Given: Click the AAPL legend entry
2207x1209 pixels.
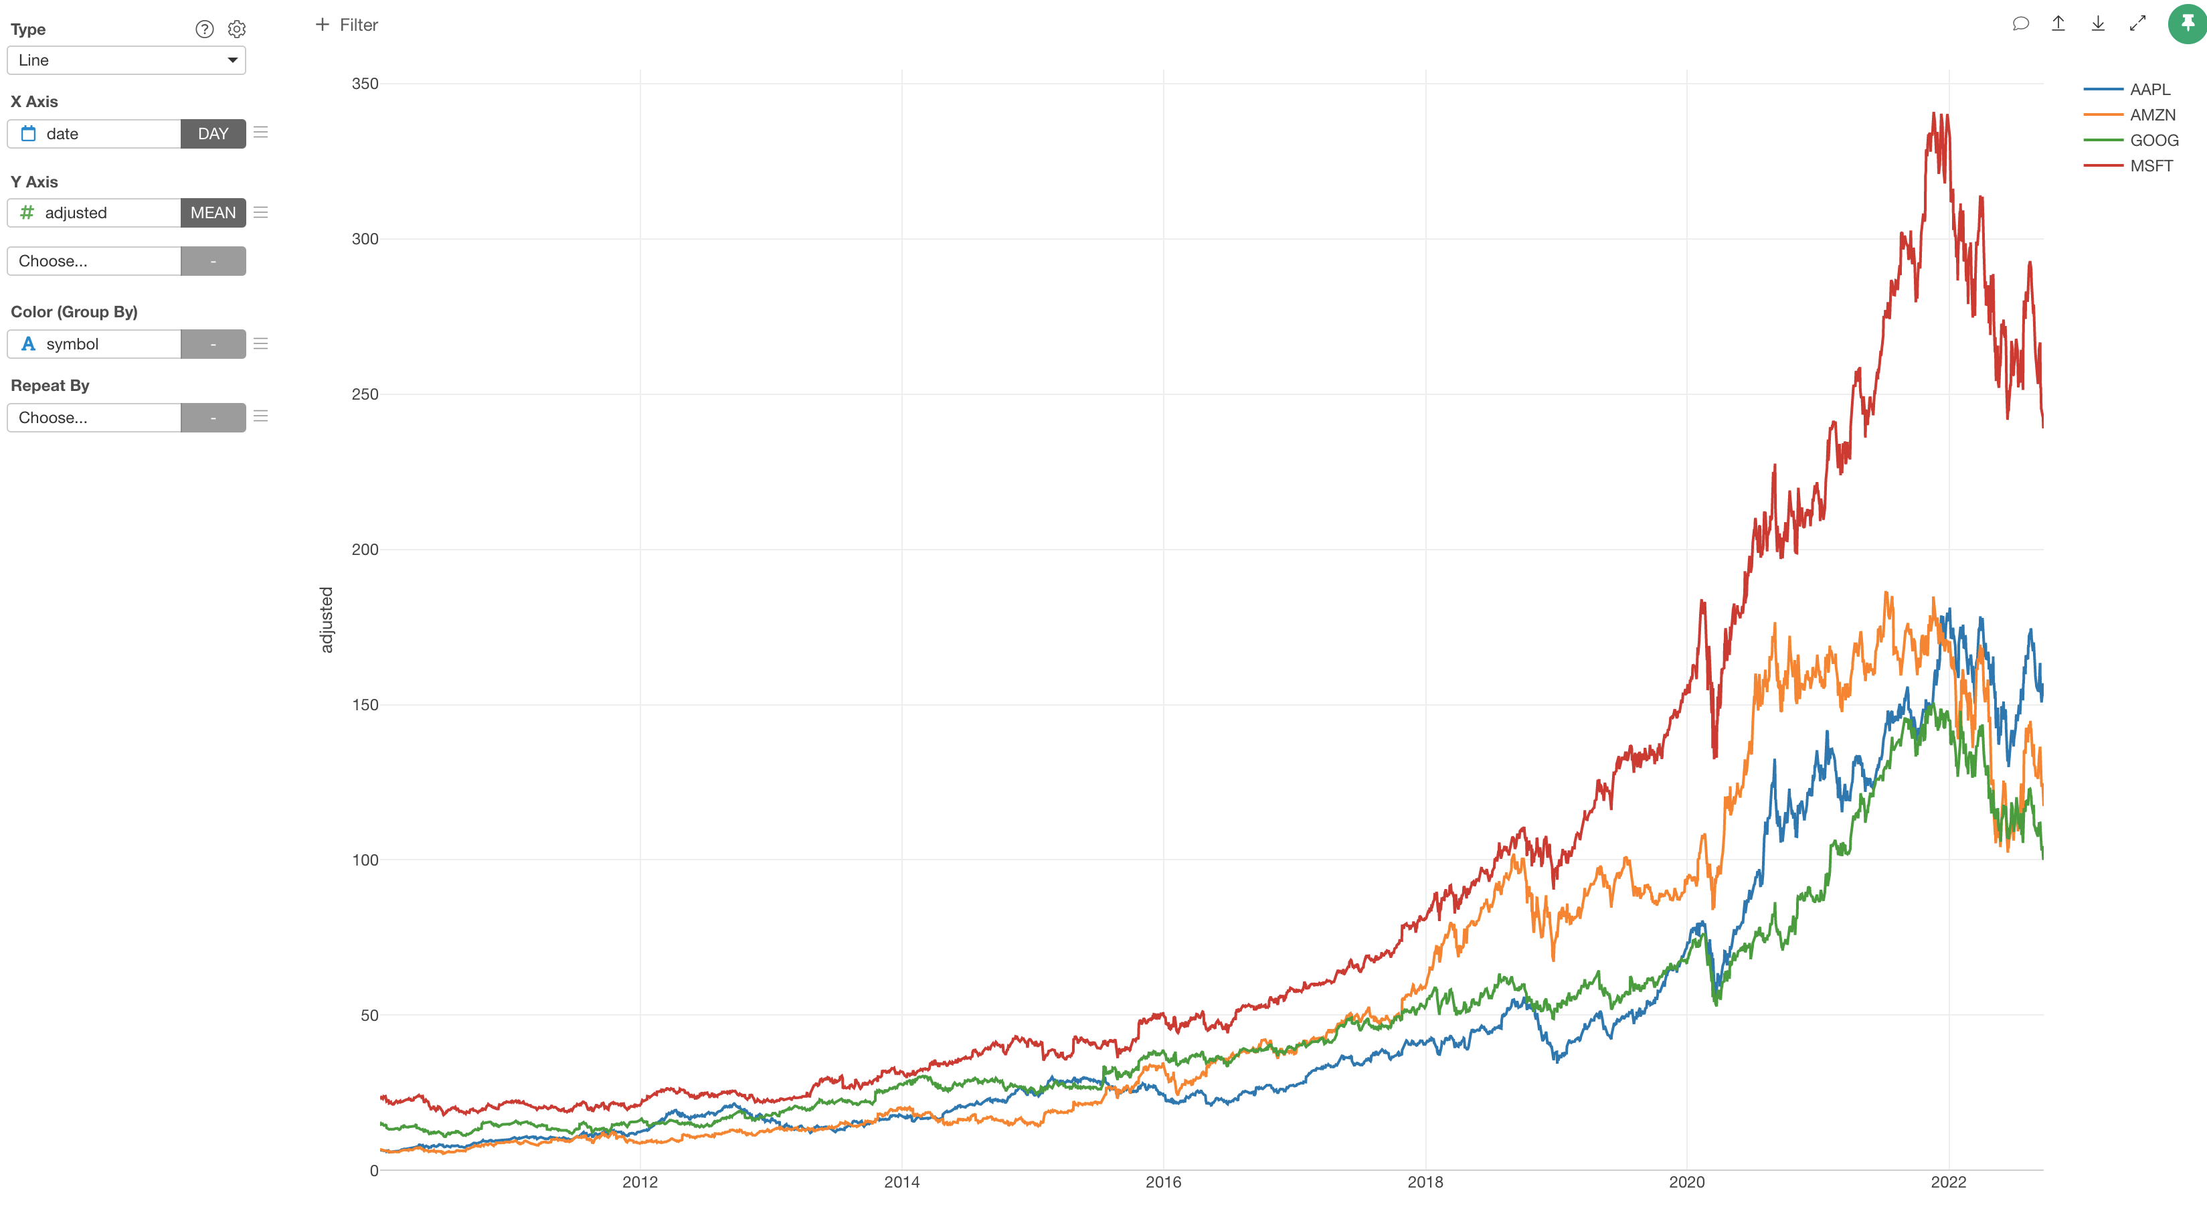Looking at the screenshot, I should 2149,89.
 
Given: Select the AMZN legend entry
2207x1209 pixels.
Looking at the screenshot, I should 2151,115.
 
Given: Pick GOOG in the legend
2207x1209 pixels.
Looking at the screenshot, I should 2153,141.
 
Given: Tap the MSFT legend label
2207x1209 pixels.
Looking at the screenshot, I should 2151,166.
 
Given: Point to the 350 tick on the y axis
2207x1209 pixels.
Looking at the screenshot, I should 365,84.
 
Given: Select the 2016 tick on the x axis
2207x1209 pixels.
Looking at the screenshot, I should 1162,1182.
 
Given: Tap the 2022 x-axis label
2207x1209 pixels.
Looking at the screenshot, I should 1947,1182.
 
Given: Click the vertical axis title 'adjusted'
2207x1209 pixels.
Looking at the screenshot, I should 327,619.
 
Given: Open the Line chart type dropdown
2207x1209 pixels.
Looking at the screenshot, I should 126,60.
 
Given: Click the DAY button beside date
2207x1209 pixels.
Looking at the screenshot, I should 213,134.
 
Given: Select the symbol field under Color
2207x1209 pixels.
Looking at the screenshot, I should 94,343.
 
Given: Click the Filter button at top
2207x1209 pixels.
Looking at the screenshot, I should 347,25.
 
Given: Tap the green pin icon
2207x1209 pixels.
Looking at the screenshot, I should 2186,23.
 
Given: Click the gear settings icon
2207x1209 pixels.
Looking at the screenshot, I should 236,29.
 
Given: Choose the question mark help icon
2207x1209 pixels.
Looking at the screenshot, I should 204,29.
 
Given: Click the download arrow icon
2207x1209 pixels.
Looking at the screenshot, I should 2097,24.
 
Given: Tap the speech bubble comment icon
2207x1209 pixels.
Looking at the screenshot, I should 2020,24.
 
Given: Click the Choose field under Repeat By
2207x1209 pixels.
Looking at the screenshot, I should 94,417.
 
